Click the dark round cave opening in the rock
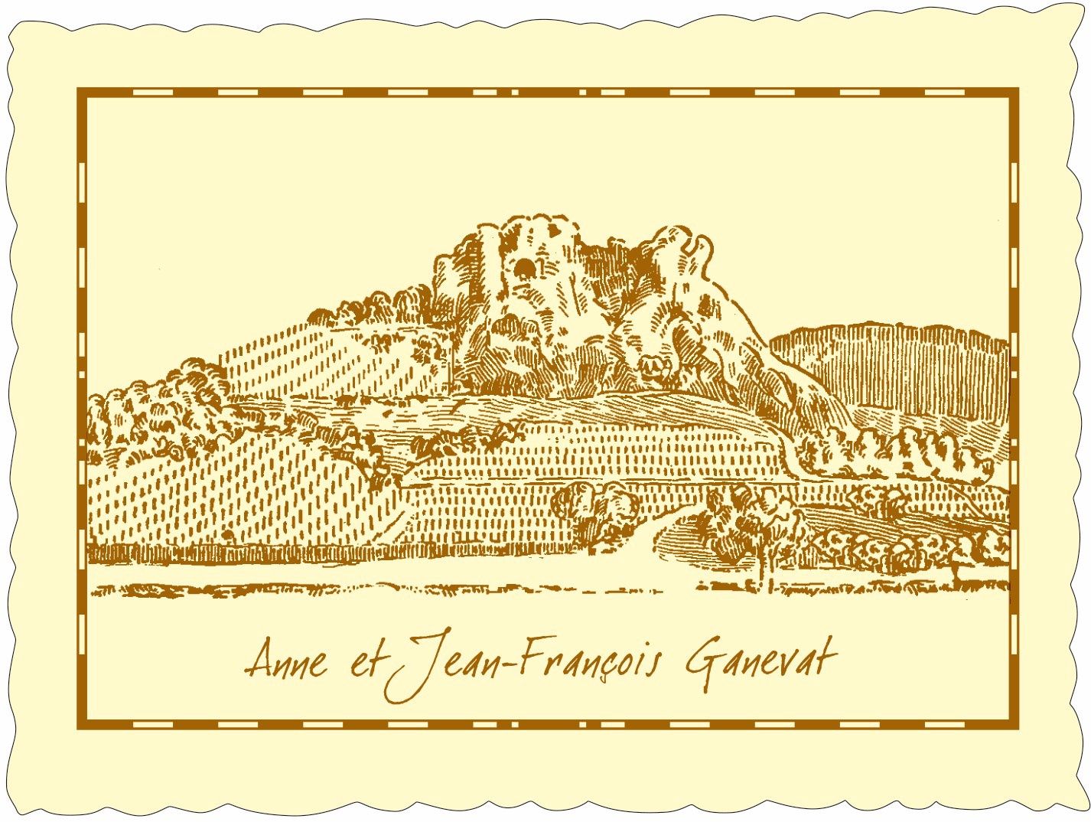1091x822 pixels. [x=524, y=268]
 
